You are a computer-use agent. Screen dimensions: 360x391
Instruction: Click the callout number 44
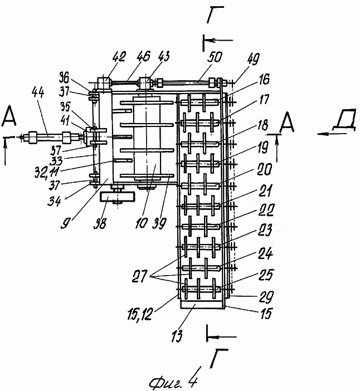38,93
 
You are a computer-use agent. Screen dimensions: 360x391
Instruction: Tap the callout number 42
119,57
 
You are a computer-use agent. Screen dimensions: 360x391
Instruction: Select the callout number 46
143,56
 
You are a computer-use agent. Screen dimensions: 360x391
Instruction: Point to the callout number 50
215,57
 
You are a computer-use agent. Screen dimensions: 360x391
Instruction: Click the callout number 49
253,59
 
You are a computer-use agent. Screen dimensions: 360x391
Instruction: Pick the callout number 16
264,80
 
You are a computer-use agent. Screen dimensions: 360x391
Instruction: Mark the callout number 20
264,169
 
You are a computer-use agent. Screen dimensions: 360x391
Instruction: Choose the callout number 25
266,275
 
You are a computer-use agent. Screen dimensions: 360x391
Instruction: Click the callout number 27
140,276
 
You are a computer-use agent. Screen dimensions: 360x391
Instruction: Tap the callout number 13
177,336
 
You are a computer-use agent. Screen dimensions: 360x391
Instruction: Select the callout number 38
100,223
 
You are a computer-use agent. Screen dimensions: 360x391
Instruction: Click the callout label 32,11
47,172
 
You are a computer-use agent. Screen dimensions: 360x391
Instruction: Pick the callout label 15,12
139,315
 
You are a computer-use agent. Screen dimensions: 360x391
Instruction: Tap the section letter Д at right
346,119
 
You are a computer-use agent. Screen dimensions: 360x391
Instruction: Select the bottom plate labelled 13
201,305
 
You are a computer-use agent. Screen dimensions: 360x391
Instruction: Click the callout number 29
266,296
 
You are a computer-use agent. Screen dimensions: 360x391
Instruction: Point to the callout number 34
54,201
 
